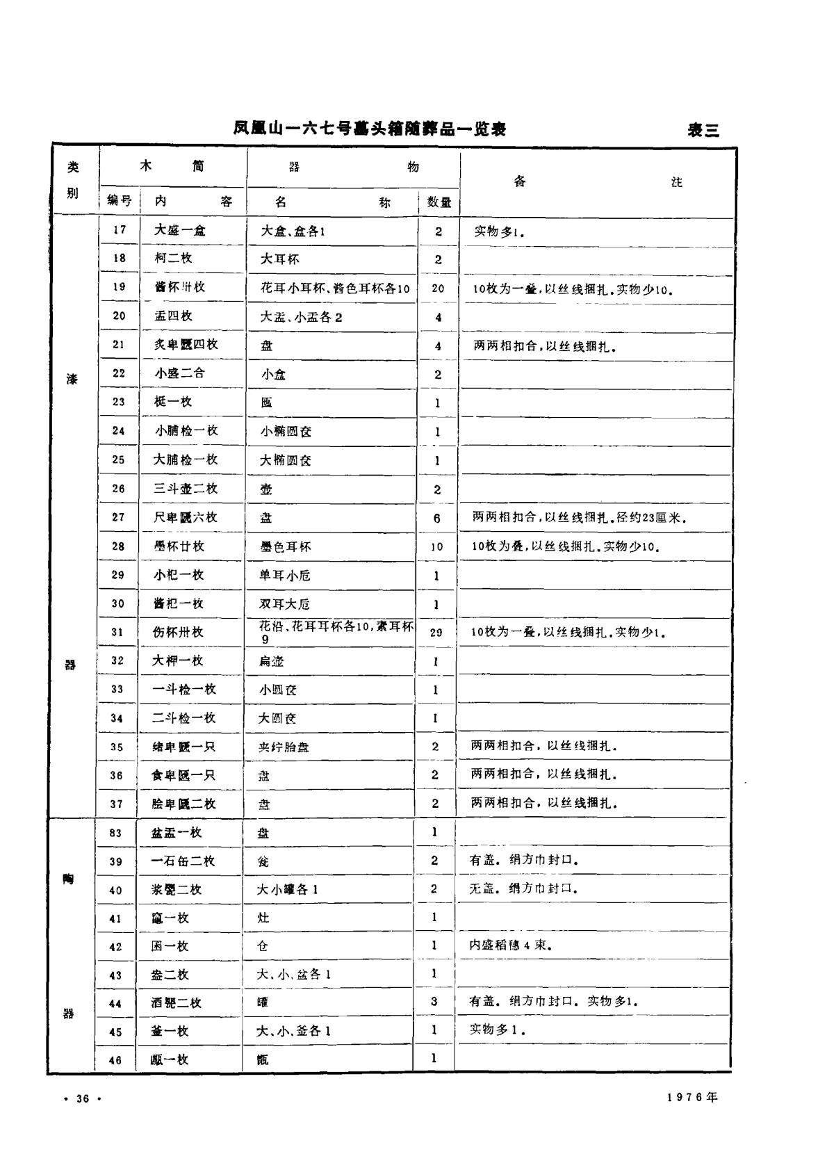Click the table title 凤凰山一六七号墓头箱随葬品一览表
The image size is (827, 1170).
[369, 129]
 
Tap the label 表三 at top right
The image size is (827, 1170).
[703, 130]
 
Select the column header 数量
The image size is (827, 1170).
[439, 202]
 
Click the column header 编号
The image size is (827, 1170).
[120, 201]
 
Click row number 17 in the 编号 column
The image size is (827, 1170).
[120, 230]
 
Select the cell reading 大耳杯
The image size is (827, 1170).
[280, 259]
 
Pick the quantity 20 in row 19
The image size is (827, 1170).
[438, 288]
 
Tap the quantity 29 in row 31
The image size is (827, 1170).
[436, 632]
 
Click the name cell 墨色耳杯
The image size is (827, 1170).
[286, 546]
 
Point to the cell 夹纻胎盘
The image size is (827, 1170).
[284, 747]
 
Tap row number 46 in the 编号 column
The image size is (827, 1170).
[115, 1060]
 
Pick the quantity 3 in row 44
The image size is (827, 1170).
[434, 1002]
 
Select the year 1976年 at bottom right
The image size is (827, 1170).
[692, 1098]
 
